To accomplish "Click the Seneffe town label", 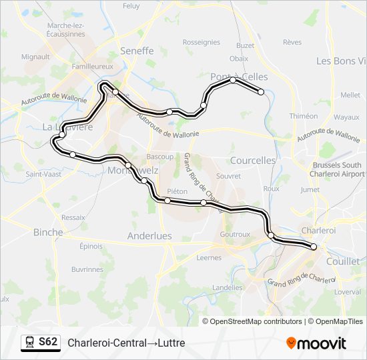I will point(137,51).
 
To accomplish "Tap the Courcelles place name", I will point(252,161).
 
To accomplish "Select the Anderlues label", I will point(149,236).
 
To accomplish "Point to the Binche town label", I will point(48,233).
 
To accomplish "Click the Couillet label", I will point(344,261).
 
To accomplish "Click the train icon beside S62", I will point(29,343).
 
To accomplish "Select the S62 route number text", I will point(48,343).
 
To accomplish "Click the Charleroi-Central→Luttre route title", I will point(126,343).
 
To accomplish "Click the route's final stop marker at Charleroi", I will point(314,247).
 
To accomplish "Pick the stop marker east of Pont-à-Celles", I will point(262,92).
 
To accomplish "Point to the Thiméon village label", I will point(304,116).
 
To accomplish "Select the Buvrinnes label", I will point(87,269).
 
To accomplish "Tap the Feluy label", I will point(131,6).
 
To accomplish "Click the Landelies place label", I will point(227,287).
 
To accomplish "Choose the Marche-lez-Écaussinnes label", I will point(65,30).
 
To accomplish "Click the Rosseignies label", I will point(202,42).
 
